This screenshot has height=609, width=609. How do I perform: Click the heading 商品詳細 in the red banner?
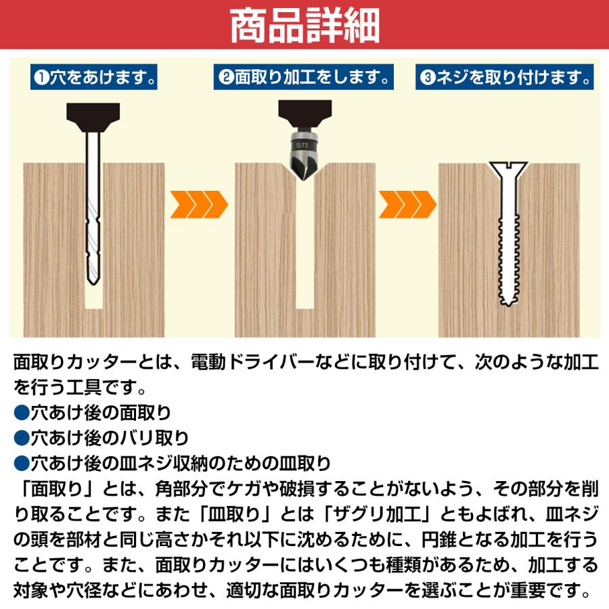(304, 26)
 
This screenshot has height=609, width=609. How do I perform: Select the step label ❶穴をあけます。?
(94, 77)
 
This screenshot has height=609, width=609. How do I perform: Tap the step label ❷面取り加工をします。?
(304, 77)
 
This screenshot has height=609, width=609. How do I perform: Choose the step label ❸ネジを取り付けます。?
(506, 77)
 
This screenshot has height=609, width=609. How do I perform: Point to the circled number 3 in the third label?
(426, 78)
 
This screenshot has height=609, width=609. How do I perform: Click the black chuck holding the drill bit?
(93, 118)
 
